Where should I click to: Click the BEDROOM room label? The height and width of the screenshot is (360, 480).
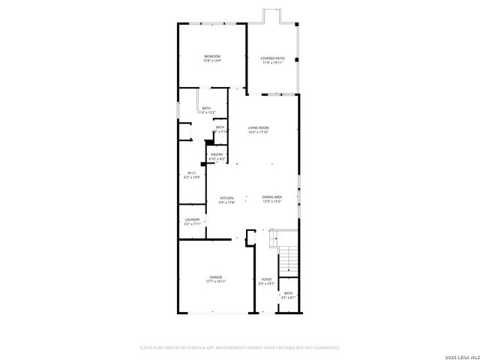tap(212, 57)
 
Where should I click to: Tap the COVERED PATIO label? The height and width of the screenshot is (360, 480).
tap(272, 58)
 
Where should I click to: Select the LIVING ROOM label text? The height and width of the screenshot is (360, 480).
tap(258, 127)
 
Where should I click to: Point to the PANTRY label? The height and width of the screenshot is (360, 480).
tap(217, 154)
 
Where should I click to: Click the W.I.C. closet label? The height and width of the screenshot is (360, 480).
tap(192, 172)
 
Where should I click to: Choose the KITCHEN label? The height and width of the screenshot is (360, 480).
tap(227, 198)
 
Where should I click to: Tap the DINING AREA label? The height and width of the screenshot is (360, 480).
tap(271, 196)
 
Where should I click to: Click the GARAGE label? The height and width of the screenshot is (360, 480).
tap(215, 277)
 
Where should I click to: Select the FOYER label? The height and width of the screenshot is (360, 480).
tap(266, 279)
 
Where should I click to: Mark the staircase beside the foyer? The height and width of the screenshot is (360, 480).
tap(289, 259)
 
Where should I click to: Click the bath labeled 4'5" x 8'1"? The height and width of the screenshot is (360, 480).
tap(289, 298)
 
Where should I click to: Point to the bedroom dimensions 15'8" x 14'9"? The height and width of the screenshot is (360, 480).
tap(212, 62)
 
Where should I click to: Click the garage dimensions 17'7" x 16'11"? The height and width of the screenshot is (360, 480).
tap(215, 282)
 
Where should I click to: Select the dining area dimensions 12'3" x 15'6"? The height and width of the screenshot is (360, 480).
tap(271, 202)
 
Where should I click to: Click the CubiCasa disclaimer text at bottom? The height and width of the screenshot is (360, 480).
tap(240, 348)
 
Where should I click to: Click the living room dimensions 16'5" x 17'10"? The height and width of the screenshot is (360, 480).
tap(258, 133)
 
